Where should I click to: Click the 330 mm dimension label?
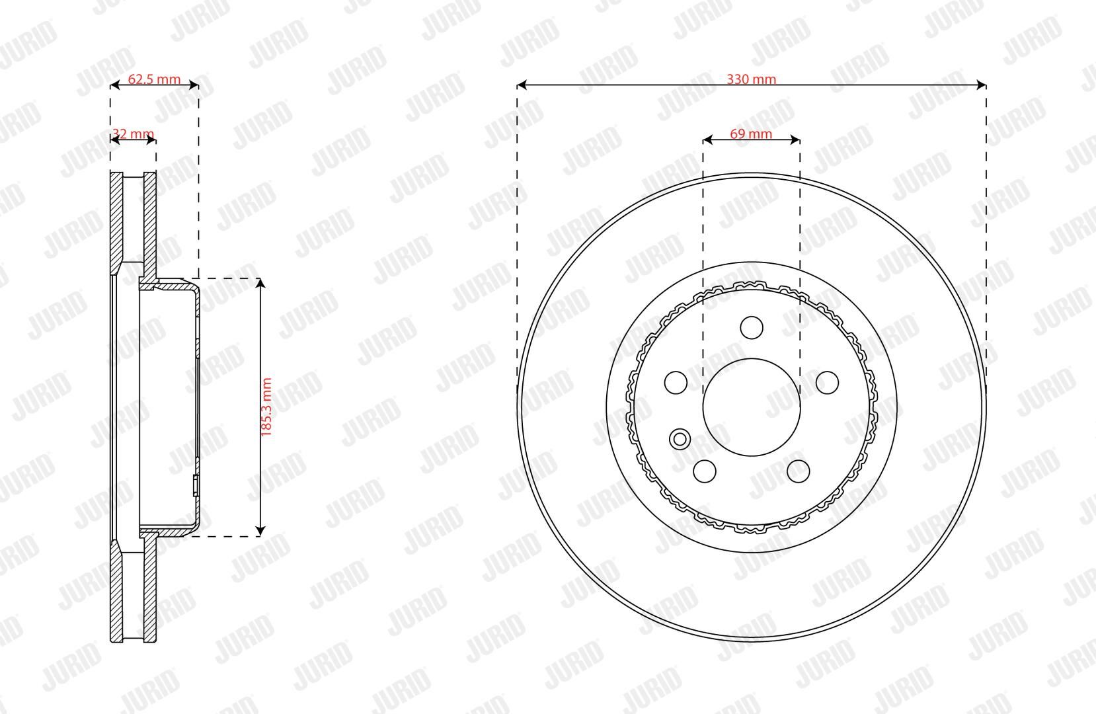pos(751,79)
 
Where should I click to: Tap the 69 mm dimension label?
pos(751,134)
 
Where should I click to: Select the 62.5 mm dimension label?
pos(154,79)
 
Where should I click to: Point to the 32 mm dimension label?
pos(133,134)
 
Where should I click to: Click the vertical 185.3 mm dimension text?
pos(266,407)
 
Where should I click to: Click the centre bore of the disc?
pos(752,407)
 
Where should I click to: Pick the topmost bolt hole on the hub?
pos(752,327)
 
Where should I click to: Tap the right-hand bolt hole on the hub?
pos(828,382)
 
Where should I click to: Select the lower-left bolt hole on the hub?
pos(705,471)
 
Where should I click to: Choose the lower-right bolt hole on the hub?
pos(799,471)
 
